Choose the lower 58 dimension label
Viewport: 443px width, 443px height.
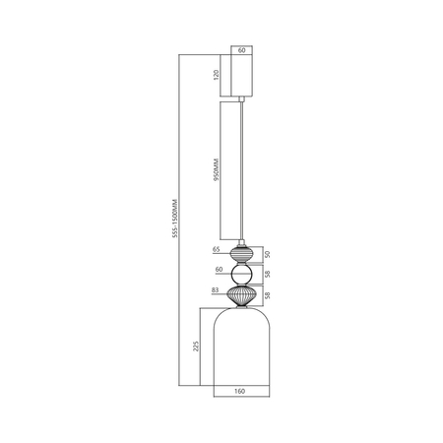pyautogui.click(x=269, y=294)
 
